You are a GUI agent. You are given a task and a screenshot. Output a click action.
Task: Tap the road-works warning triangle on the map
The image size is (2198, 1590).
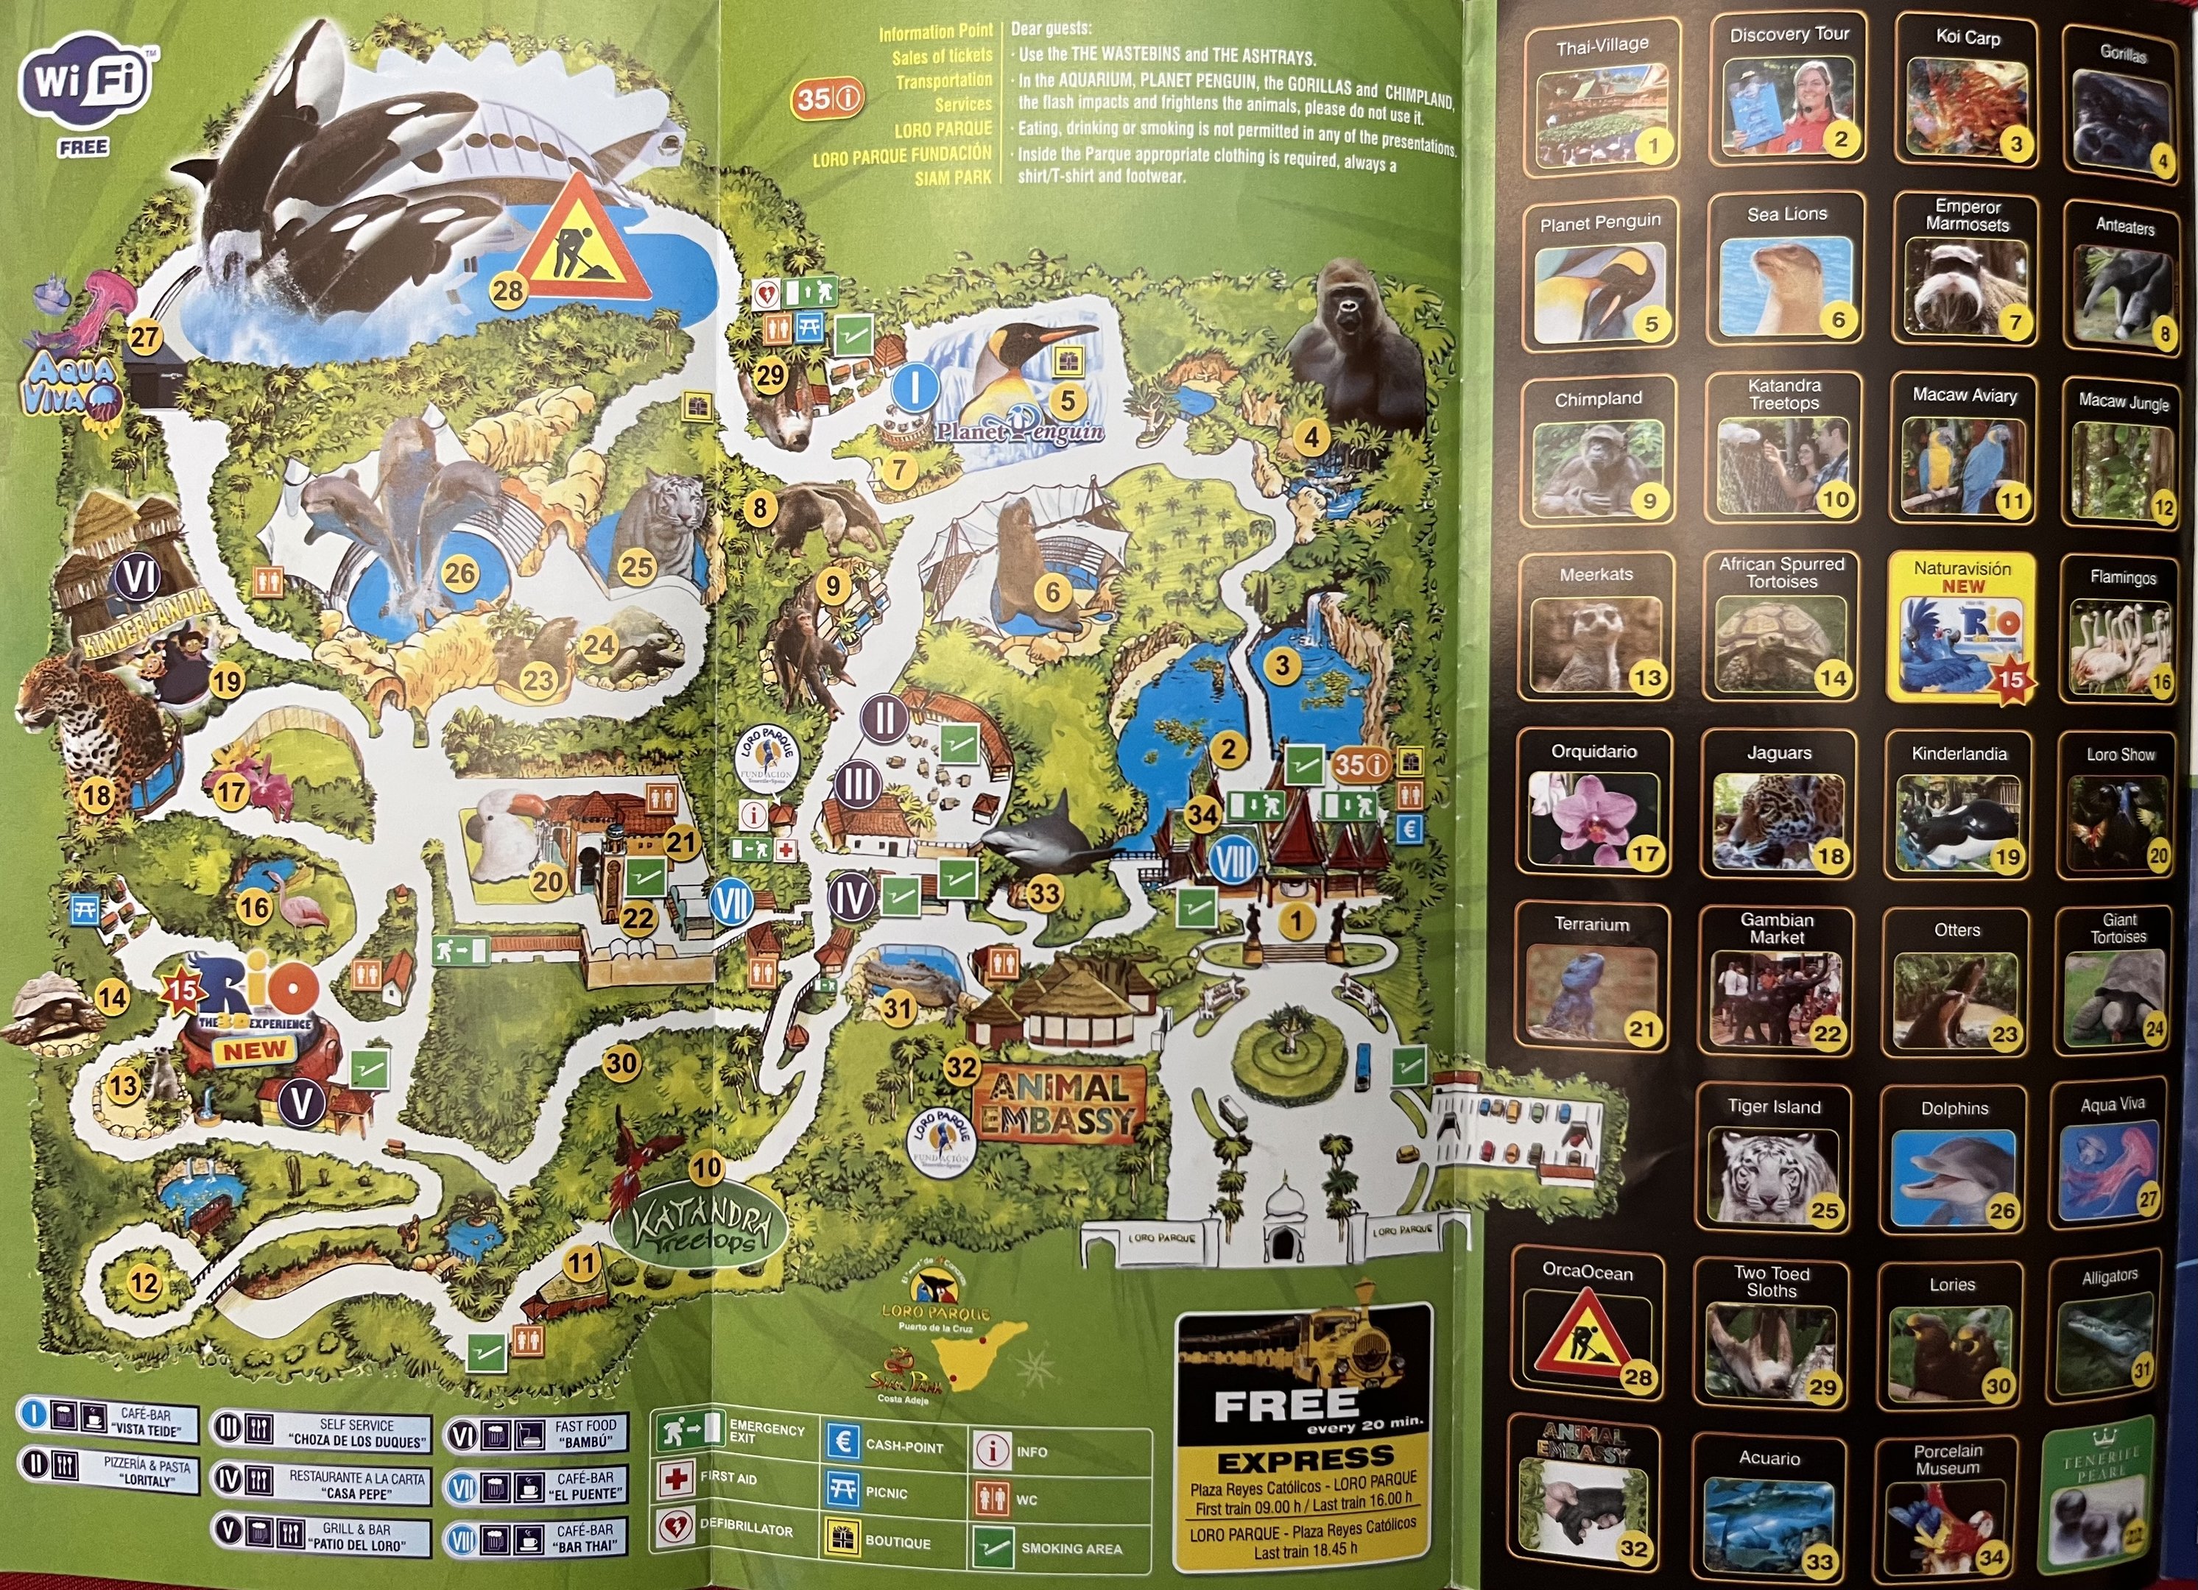pyautogui.click(x=582, y=242)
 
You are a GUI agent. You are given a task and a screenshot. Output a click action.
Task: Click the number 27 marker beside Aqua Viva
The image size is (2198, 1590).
pyautogui.click(x=145, y=338)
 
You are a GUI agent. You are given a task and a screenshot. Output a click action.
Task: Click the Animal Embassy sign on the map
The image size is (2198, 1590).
pyautogui.click(x=1060, y=1103)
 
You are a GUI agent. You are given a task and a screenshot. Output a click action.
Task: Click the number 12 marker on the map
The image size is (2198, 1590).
pyautogui.click(x=144, y=1284)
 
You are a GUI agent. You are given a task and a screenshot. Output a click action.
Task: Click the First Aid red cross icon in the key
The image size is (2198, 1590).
pyautogui.click(x=674, y=1480)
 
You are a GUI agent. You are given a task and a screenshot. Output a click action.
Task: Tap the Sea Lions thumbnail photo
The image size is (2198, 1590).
pyautogui.click(x=1785, y=285)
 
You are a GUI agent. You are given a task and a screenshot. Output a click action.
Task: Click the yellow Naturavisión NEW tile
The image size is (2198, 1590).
pyautogui.click(x=1962, y=626)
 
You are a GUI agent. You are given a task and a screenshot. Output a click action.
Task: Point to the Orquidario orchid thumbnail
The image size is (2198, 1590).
pyautogui.click(x=1592, y=819)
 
